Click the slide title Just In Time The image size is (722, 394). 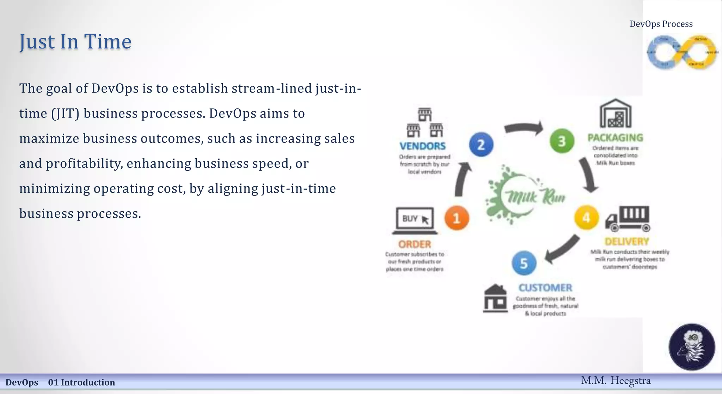point(75,42)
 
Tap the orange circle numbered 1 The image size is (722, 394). point(457,218)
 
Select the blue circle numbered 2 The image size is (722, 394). point(481,145)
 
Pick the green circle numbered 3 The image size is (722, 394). point(562,141)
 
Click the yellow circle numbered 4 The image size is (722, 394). point(586,218)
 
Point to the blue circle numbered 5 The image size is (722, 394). point(524,263)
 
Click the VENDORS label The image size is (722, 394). point(422,146)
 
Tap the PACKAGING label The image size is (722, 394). point(615,138)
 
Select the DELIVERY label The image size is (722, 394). point(627,242)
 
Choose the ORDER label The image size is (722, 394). point(415,244)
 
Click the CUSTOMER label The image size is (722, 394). point(545,288)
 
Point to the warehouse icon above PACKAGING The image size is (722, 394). point(616,113)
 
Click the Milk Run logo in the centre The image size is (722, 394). point(525,195)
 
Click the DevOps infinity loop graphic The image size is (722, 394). point(682,52)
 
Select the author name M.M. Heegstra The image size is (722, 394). point(616,381)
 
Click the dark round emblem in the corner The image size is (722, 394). point(692,347)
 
